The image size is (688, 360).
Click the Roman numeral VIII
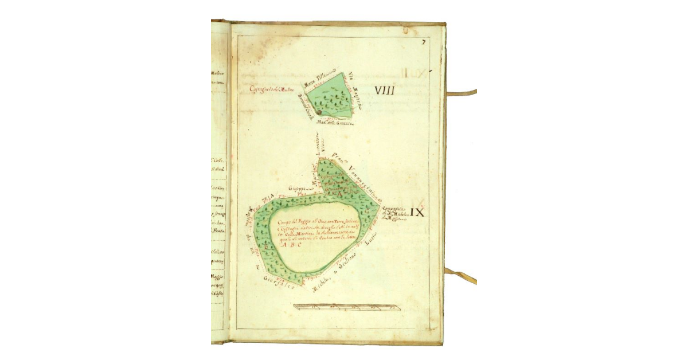[x=386, y=90]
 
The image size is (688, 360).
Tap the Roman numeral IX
[x=417, y=213]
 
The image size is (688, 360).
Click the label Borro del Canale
[x=300, y=106]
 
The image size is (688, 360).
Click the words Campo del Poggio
[x=290, y=222]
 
